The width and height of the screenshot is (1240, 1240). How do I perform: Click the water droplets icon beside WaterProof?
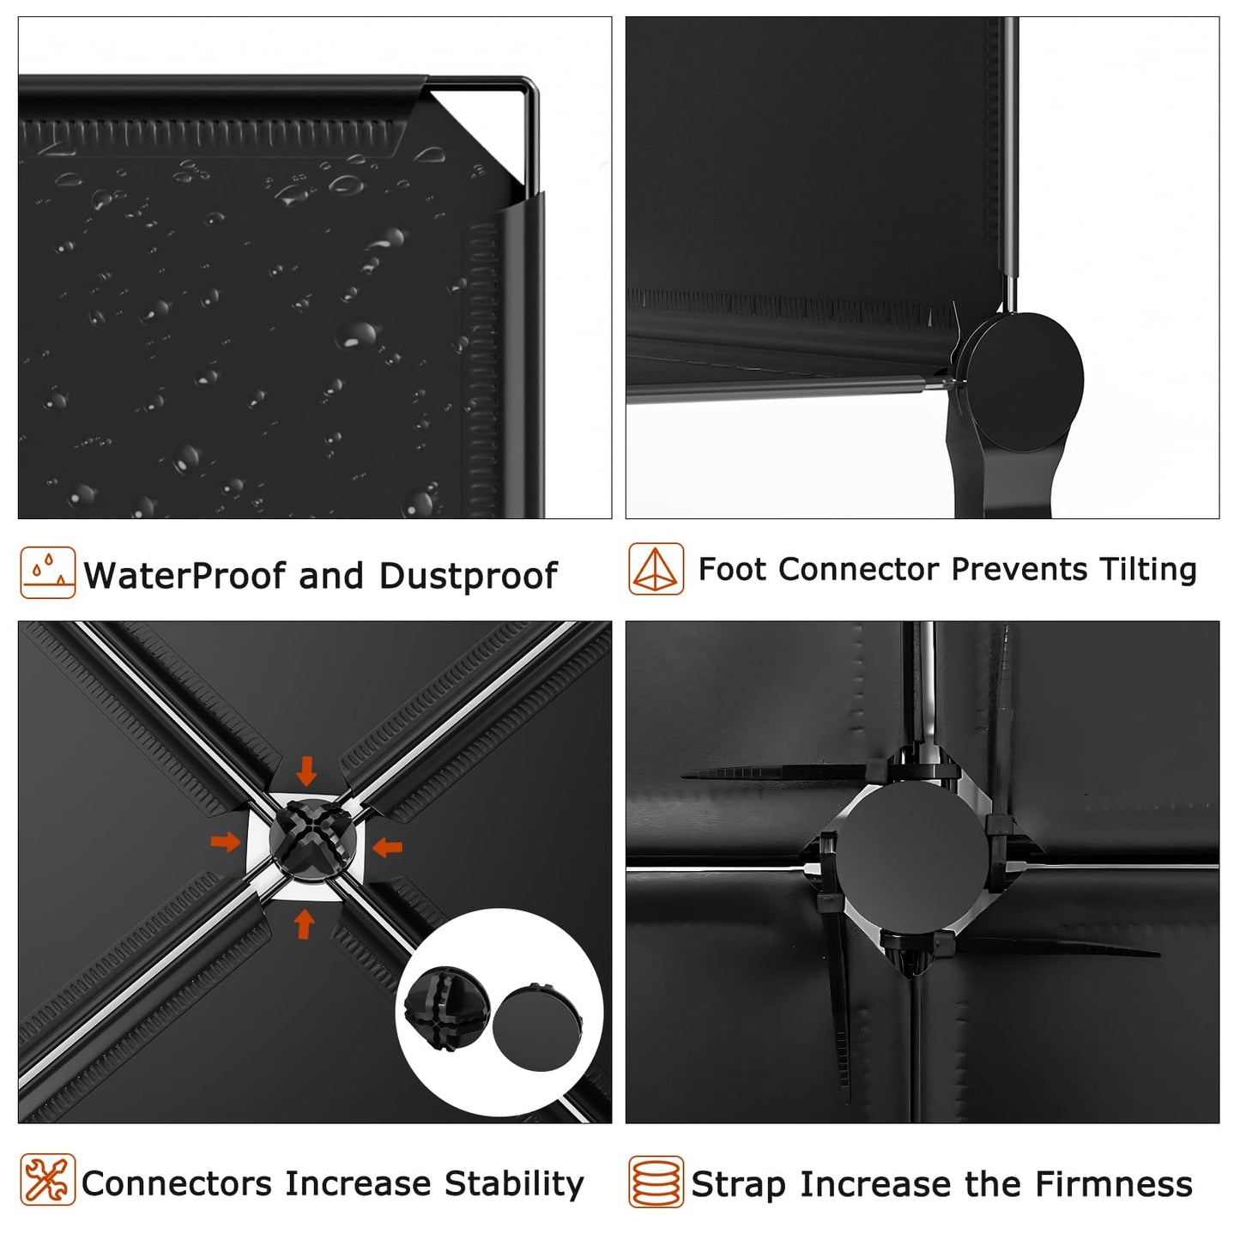47,572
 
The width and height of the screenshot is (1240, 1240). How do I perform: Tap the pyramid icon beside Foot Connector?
656,569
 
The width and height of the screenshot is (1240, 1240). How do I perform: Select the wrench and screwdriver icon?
47,1180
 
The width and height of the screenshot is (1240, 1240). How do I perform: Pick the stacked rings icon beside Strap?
656,1183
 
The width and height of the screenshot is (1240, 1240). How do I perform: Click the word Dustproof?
469,576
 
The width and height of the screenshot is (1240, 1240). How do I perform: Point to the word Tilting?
1148,570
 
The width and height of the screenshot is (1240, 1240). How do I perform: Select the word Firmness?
1114,1185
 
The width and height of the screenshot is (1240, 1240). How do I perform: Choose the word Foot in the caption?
732,570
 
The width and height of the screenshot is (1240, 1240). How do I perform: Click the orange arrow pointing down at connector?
307,771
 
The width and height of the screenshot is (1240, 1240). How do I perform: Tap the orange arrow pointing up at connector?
305,924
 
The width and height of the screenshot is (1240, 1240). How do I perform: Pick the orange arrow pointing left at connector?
387,847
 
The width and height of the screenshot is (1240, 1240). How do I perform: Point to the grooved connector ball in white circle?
447,1009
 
